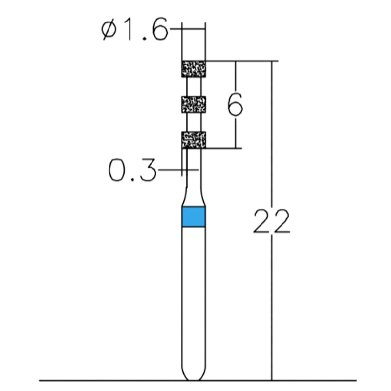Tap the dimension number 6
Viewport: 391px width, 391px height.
click(235, 105)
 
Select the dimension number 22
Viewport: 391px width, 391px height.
click(272, 221)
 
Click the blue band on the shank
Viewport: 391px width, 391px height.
click(194, 217)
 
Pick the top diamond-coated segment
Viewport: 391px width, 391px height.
click(194, 69)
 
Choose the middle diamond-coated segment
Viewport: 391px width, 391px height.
click(194, 104)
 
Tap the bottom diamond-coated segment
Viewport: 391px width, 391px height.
click(194, 140)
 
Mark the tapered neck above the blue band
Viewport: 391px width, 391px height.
click(194, 195)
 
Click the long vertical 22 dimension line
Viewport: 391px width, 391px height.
click(272, 147)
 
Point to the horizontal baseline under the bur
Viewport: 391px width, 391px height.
click(98, 380)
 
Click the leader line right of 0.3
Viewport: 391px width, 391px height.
click(171, 170)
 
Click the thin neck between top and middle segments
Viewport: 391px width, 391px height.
click(194, 87)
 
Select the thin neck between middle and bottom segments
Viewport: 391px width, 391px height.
click(194, 122)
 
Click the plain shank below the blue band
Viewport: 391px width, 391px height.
click(194, 293)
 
